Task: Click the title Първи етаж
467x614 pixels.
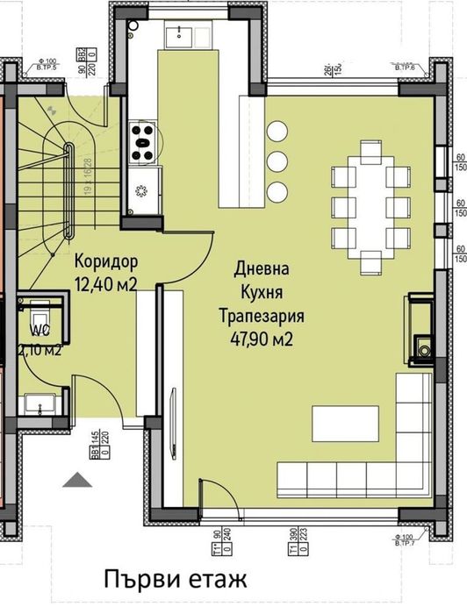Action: tap(173, 580)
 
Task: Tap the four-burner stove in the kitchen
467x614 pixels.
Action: tap(141, 140)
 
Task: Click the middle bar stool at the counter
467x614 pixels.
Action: tap(277, 161)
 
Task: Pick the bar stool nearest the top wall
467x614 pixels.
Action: tap(277, 131)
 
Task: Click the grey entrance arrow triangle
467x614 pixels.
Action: tap(77, 479)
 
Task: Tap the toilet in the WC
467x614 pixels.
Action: tap(40, 317)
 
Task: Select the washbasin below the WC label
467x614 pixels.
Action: tap(39, 403)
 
